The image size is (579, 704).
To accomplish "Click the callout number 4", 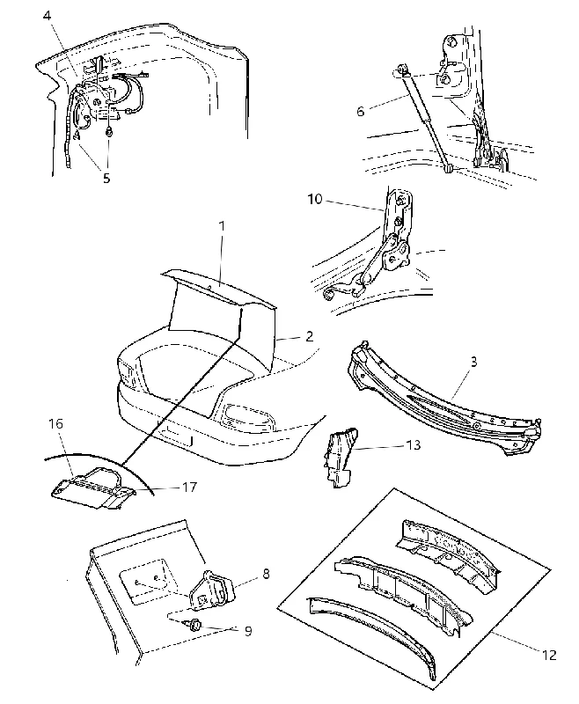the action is tap(48, 15).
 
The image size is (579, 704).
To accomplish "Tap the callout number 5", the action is tap(106, 179).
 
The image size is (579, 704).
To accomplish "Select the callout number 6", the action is tap(361, 111).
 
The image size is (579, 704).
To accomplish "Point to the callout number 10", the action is tap(315, 199).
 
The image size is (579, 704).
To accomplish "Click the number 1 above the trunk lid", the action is tap(222, 226).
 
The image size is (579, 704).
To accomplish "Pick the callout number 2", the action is tap(309, 336).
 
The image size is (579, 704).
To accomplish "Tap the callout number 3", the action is tap(474, 362).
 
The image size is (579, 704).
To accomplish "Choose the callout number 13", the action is tap(413, 444).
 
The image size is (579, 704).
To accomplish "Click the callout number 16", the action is tap(55, 423).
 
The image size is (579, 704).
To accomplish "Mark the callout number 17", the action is tap(189, 487).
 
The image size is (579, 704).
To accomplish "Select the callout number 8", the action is tap(266, 574).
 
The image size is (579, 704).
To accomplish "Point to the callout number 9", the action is tap(248, 631).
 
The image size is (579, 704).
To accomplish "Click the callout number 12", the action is tap(549, 655).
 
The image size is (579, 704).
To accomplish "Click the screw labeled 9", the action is tap(194, 624).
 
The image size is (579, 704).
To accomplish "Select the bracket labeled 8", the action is tap(211, 590).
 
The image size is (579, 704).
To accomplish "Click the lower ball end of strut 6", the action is tap(448, 169).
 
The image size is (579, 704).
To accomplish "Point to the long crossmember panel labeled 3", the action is tap(444, 400).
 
